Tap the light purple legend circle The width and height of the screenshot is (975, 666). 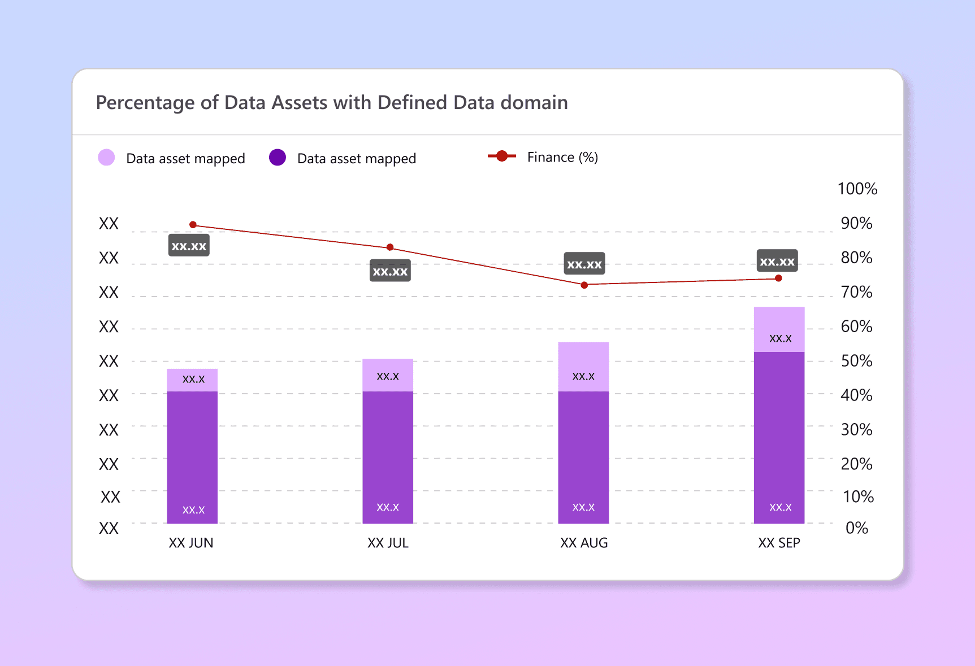coord(106,158)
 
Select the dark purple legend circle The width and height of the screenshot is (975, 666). coord(278,158)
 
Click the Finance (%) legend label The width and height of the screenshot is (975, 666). coord(562,157)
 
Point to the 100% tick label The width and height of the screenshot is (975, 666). coord(857,189)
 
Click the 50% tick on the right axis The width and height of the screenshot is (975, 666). coord(856,361)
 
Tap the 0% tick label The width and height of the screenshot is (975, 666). coord(856,528)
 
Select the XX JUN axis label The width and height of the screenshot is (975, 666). coord(191,543)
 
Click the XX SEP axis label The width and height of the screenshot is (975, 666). coord(779,543)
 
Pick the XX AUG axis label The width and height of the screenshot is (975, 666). coord(584,543)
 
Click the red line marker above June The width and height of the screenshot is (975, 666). coord(193,225)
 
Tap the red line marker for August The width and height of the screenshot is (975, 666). coord(584,285)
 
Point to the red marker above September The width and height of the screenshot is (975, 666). coord(778,278)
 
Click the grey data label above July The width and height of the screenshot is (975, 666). coord(390,271)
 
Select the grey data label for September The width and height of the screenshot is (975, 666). coord(777,261)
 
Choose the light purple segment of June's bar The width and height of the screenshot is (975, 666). coord(192,380)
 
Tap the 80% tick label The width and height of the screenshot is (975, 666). coord(856,258)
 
